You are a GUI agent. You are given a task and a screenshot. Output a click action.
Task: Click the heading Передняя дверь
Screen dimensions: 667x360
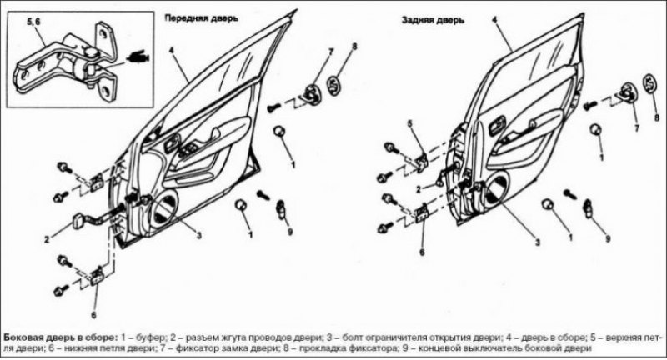coord(202,18)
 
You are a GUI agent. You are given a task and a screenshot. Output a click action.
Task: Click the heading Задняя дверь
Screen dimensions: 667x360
coord(433,20)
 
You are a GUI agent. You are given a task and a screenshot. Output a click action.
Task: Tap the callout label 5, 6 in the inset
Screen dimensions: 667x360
coord(33,22)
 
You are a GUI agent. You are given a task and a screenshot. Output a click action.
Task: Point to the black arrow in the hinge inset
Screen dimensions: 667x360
coord(137,57)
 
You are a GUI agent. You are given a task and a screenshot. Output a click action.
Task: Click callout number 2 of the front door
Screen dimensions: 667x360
coord(47,239)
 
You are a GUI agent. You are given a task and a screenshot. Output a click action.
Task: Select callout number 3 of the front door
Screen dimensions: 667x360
coord(198,236)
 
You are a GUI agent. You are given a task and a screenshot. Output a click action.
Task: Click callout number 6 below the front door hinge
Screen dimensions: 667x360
coord(93,315)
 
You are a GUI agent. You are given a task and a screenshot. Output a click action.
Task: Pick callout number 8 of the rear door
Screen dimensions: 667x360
coord(657,117)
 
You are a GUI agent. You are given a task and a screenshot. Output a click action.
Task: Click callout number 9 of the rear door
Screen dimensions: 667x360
coord(608,239)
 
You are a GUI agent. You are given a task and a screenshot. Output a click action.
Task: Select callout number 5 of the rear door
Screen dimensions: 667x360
coord(410,124)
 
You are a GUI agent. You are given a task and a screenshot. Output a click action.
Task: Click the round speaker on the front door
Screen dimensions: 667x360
coord(164,207)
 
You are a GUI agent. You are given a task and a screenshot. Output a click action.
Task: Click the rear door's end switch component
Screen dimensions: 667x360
coord(589,207)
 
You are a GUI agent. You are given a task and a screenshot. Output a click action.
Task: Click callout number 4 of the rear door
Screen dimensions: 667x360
coord(494,19)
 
